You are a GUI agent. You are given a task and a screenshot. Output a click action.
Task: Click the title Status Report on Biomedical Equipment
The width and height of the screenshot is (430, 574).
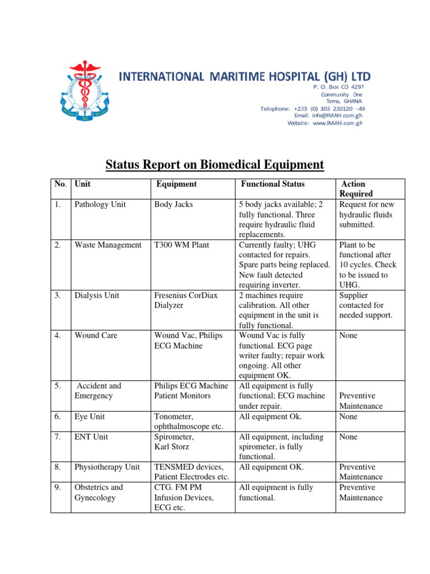[x=215, y=165]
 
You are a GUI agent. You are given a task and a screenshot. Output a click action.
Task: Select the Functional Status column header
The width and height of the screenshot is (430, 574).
[x=273, y=184]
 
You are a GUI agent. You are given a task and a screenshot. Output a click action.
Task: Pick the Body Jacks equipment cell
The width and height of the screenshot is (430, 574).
[x=174, y=205]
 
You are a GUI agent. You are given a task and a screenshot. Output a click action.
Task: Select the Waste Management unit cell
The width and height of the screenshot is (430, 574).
[x=108, y=245]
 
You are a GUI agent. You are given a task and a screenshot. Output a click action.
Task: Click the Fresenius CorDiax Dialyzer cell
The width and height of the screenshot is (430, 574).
[x=185, y=300]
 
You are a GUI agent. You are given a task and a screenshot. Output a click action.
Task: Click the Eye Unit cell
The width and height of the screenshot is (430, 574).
[x=90, y=416]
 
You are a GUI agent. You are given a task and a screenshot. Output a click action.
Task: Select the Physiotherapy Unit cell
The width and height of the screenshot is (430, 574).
[x=107, y=467]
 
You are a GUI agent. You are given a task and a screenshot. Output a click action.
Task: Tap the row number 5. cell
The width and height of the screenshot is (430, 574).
[x=58, y=386]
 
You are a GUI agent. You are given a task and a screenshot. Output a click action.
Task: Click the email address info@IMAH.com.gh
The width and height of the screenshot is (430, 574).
[x=326, y=115]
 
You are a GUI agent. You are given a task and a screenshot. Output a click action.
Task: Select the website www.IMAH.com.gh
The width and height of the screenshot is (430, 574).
[x=325, y=123]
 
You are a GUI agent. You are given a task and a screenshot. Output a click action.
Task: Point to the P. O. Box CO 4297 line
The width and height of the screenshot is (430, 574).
[x=338, y=87]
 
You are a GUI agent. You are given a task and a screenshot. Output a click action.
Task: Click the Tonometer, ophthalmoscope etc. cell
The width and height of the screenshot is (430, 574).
[x=189, y=422]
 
